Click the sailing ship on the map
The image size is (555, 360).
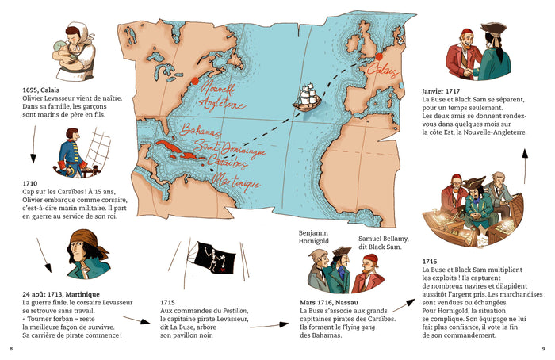click(x=305, y=96)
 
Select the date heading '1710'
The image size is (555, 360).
click(x=32, y=183)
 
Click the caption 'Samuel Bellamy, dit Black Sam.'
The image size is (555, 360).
click(x=382, y=243)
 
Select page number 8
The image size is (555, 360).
click(x=10, y=348)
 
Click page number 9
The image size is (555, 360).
click(x=543, y=348)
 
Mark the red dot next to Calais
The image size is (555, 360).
click(x=380, y=57)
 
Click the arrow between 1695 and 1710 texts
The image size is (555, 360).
click(x=33, y=140)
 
